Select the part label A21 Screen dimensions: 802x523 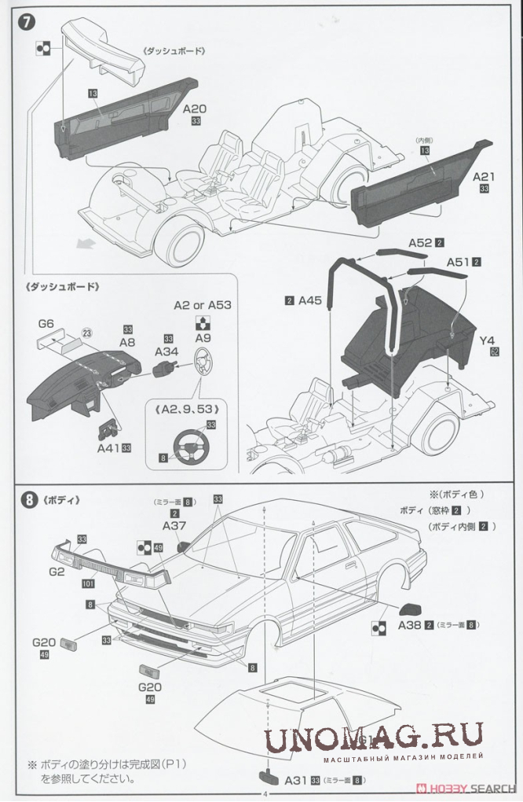click(x=484, y=177)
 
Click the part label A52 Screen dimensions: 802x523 click(x=420, y=243)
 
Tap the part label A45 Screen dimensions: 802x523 click(x=310, y=300)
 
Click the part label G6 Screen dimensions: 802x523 click(x=45, y=323)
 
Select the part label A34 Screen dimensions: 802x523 click(x=167, y=351)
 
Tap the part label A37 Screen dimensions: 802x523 click(x=174, y=525)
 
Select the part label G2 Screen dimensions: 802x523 click(x=56, y=572)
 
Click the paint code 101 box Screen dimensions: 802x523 click(x=87, y=585)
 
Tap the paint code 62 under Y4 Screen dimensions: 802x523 click(x=494, y=353)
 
